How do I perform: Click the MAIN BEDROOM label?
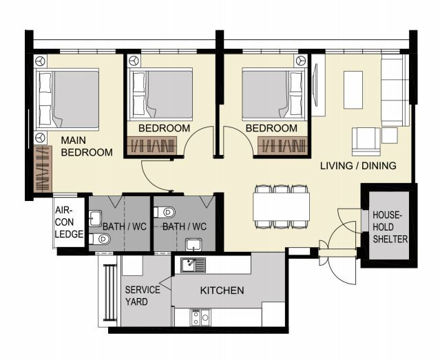[x=86, y=146]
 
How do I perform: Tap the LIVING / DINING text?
[x=358, y=165]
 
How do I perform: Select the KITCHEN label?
[x=222, y=290]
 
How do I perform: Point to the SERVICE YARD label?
[x=142, y=295]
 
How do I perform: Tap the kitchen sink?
[x=193, y=264]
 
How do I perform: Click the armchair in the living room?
[x=364, y=141]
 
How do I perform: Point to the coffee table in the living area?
[x=353, y=89]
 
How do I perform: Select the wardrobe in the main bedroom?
[x=43, y=168]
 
